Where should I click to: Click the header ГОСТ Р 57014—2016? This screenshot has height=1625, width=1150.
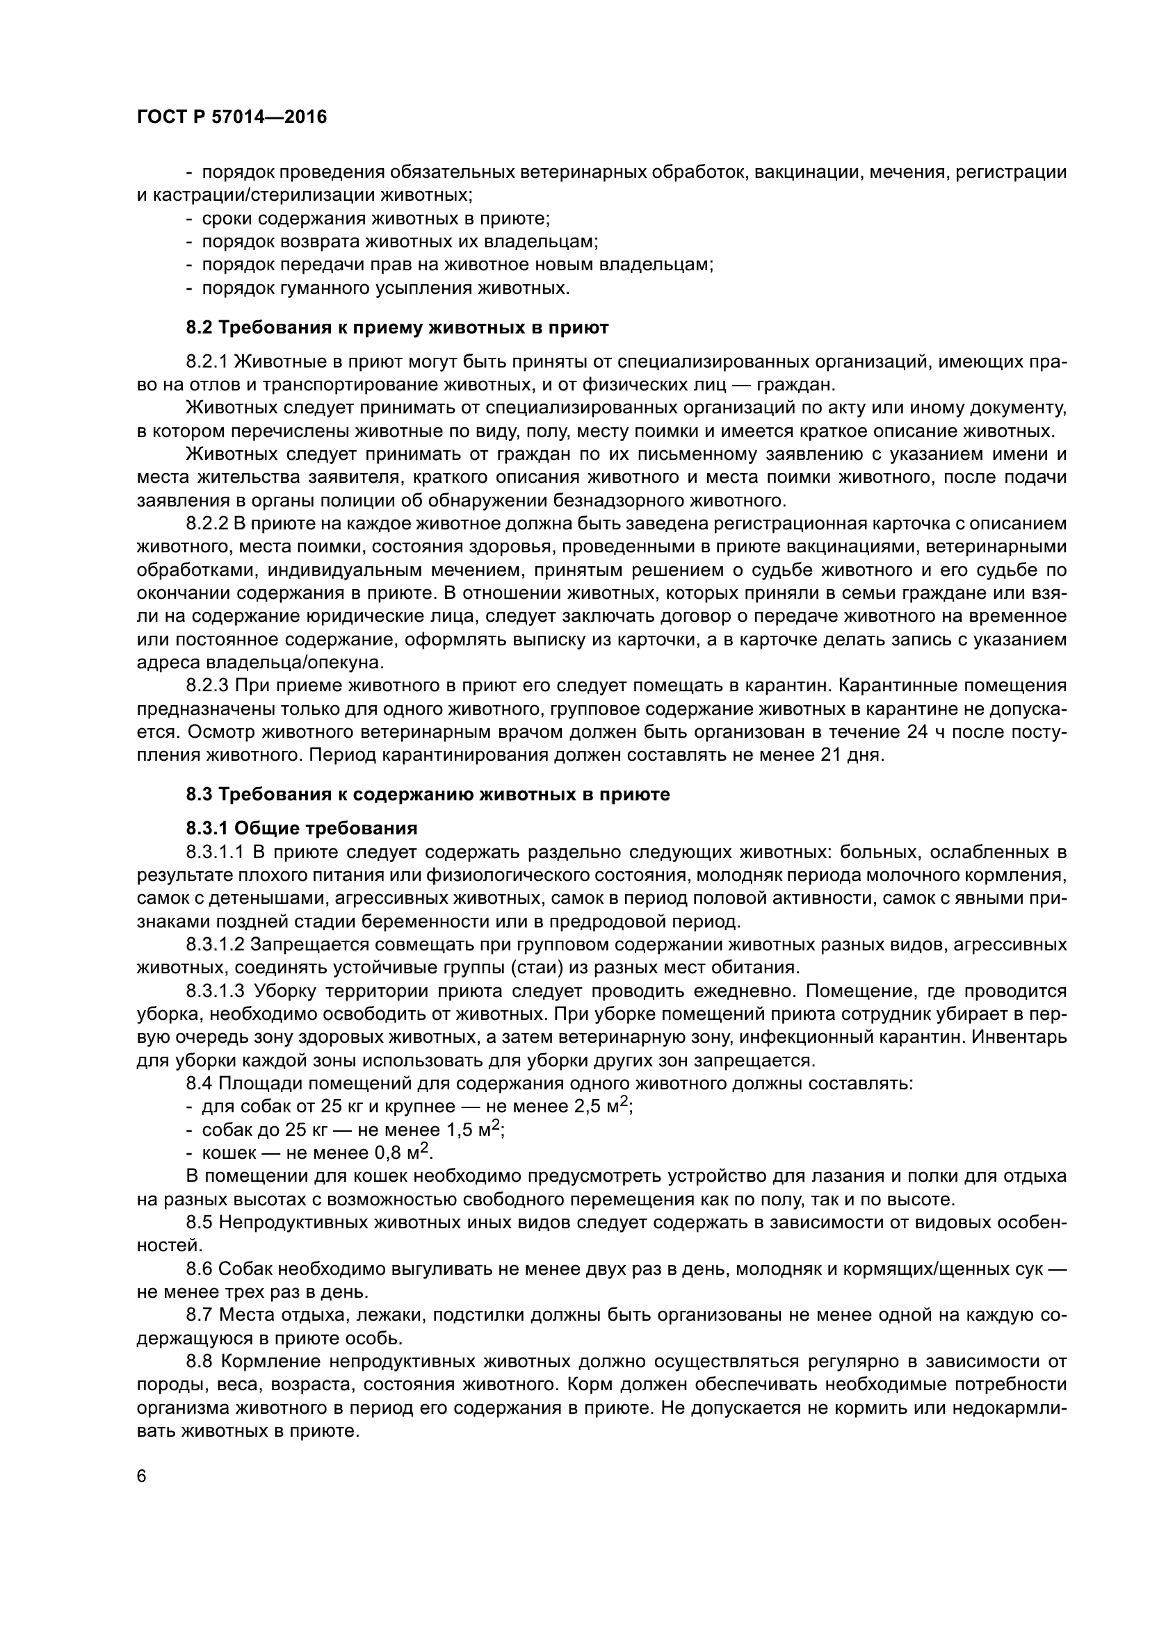[x=232, y=117]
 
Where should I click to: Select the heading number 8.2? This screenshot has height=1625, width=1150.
[x=200, y=328]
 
